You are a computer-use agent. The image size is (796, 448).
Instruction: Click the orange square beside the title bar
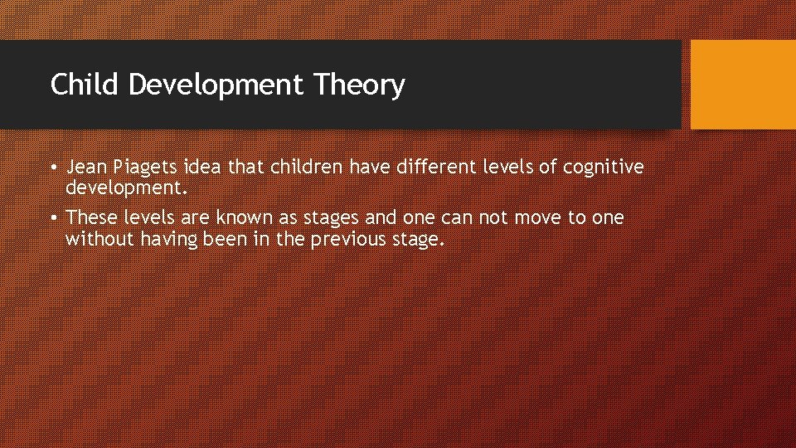tap(742, 85)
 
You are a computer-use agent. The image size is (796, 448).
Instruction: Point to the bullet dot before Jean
tap(52, 168)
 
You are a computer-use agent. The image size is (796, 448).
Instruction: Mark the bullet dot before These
tap(52, 219)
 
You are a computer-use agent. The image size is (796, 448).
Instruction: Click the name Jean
tap(85, 168)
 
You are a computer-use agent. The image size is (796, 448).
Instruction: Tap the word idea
tap(204, 168)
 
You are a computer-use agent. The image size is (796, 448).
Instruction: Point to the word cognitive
tap(603, 168)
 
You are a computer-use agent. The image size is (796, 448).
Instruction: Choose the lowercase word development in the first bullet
tap(127, 188)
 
